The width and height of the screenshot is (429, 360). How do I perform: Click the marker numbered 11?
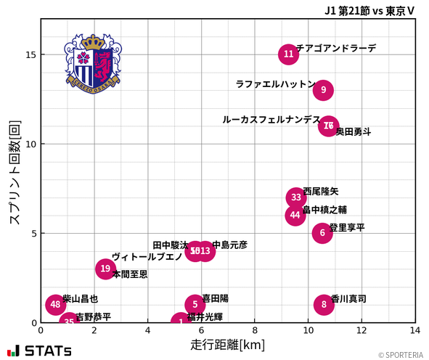tap(289, 54)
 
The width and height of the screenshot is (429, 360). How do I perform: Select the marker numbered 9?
tap(324, 91)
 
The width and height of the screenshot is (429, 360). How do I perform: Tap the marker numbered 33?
tap(296, 197)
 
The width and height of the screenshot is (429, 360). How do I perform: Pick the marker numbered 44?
tap(295, 216)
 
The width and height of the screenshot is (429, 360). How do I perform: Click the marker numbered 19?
tap(105, 269)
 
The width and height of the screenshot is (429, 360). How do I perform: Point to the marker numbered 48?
tap(56, 305)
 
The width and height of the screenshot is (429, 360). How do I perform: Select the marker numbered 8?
tap(324, 305)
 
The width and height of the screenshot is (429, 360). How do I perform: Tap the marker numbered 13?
tap(205, 252)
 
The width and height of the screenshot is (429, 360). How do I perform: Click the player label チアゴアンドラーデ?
tap(336, 48)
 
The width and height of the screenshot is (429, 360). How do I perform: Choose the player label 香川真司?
tap(348, 299)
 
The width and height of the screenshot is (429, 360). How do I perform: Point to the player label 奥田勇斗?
tap(354, 132)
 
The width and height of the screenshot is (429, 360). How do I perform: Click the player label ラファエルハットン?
tap(275, 84)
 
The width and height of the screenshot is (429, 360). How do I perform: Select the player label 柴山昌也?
tap(80, 299)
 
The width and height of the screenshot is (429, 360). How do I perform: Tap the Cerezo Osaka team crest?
tap(93, 63)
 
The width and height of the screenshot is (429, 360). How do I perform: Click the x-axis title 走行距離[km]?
tap(228, 344)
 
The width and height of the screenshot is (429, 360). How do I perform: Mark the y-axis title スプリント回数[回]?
tap(15, 172)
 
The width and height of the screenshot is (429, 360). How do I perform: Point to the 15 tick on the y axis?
tap(31, 55)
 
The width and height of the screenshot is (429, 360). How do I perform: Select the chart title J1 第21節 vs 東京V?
tap(369, 10)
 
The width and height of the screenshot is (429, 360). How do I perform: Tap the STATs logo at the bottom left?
tap(40, 351)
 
